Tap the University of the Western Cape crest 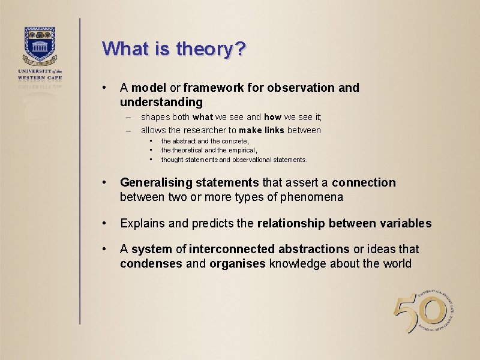[40, 45]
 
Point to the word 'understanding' [161, 103]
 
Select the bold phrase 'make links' [261, 131]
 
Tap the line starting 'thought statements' [234, 160]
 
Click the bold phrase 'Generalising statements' [190, 182]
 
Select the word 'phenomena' [317, 197]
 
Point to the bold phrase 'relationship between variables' [344, 223]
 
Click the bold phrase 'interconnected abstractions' [269, 249]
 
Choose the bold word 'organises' [237, 264]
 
